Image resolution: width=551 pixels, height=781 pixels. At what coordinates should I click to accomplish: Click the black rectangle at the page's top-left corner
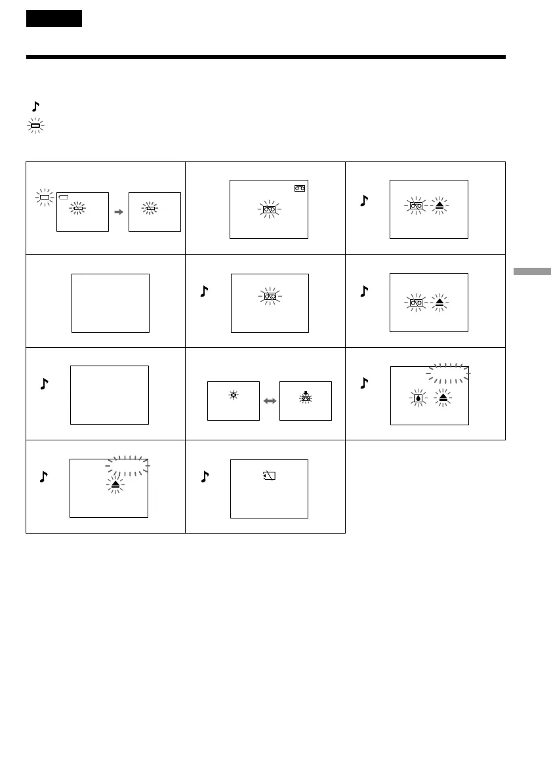(x=54, y=18)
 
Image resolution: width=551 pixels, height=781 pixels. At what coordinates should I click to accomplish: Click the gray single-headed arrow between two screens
(x=119, y=213)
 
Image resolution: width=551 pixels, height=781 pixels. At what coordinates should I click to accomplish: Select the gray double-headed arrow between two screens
(x=269, y=400)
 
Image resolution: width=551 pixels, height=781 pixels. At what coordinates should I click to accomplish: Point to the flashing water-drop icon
(x=418, y=397)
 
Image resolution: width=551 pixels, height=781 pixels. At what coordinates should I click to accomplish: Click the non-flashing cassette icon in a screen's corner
(x=300, y=188)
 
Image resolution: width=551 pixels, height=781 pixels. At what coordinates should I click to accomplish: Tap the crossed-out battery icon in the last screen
(x=269, y=476)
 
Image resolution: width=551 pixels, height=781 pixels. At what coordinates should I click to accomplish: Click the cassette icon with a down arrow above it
(x=305, y=397)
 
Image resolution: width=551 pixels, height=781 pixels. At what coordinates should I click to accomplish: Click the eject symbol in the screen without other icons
(x=115, y=484)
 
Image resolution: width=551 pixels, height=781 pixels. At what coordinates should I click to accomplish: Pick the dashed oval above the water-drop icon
(x=448, y=373)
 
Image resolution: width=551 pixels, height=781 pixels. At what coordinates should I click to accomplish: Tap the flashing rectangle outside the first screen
(x=45, y=197)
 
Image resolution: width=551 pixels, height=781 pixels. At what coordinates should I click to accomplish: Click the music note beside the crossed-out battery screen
(x=205, y=477)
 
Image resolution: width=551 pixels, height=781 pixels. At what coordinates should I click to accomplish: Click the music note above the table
(x=35, y=105)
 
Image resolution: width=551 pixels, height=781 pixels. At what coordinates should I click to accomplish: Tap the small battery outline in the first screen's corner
(x=64, y=196)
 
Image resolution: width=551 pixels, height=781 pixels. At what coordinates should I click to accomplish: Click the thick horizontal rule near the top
(x=266, y=57)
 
